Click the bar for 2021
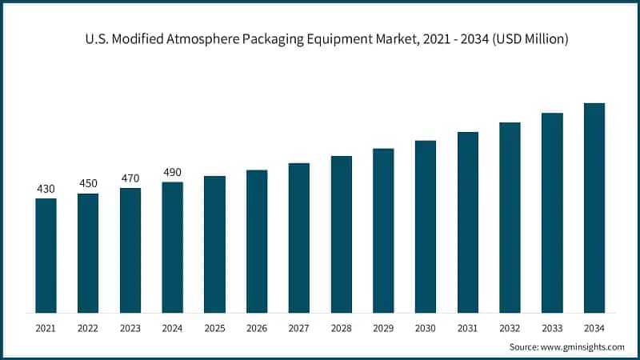(46, 255)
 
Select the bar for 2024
(172, 247)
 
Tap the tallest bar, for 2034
(594, 208)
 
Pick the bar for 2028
(341, 234)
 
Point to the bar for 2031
(467, 222)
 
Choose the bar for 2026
(257, 241)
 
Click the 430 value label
(46, 189)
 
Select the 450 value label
(88, 184)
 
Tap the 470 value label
(130, 178)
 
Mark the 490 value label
(172, 173)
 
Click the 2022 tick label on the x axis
(88, 328)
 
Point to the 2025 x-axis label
(214, 328)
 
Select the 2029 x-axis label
(383, 328)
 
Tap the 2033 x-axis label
(552, 328)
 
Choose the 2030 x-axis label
(426, 328)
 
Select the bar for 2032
(510, 218)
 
